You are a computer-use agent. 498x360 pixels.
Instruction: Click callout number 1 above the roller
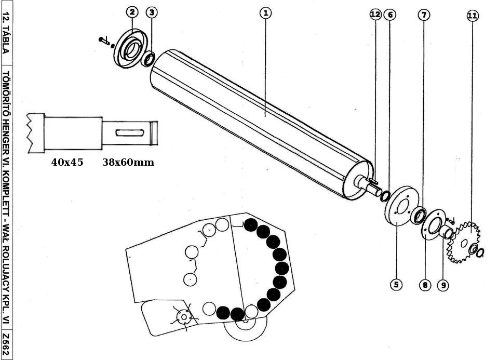coord(265,12)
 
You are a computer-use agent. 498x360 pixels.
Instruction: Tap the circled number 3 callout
coord(151,12)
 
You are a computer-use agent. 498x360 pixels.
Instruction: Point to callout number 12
coord(375,15)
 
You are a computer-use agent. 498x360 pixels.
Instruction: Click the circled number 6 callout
coord(390,15)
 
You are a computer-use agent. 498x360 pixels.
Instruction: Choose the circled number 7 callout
coord(424,15)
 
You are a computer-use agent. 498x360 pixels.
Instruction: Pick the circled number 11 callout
coord(472,16)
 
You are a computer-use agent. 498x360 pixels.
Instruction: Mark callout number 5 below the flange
coord(396,284)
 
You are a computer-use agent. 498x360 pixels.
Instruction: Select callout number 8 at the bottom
coord(425,285)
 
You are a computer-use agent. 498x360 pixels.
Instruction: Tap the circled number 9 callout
coord(442,285)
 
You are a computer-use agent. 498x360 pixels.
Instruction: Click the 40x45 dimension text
coord(67,162)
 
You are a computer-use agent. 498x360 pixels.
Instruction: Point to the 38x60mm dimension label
coord(128,162)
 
